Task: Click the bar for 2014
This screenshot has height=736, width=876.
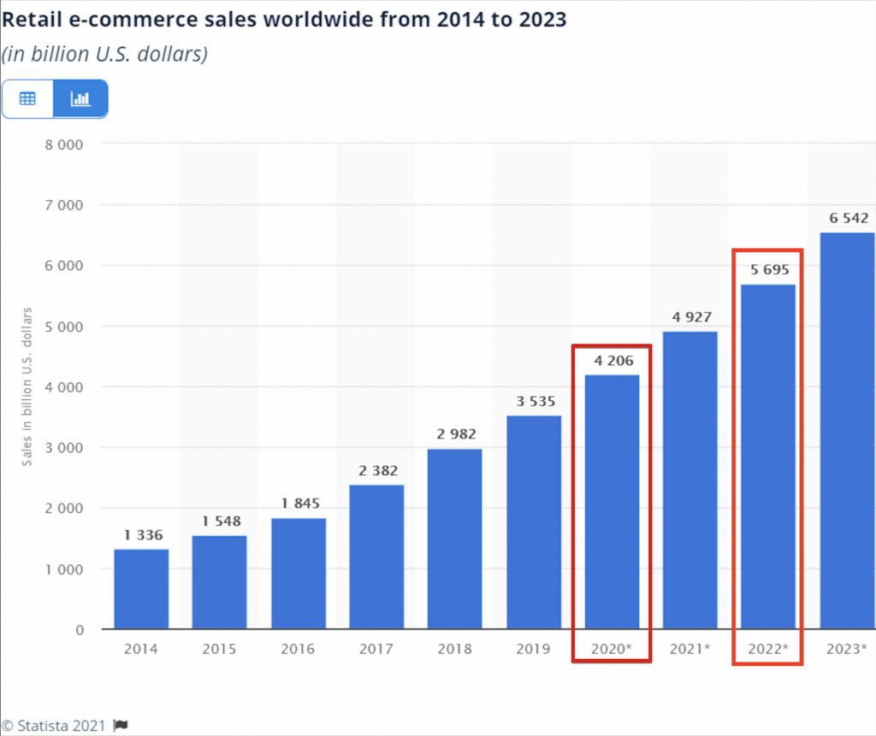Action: pyautogui.click(x=141, y=590)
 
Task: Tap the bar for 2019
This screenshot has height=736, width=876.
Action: pyautogui.click(x=534, y=522)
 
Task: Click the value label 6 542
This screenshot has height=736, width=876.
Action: pyautogui.click(x=849, y=218)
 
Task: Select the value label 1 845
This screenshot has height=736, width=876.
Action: pyautogui.click(x=299, y=503)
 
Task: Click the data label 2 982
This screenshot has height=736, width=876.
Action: pyautogui.click(x=456, y=434)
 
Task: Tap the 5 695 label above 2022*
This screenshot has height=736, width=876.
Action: pyautogui.click(x=768, y=269)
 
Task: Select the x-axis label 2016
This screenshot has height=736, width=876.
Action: pyautogui.click(x=298, y=649)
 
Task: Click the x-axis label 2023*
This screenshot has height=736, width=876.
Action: pyautogui.click(x=847, y=649)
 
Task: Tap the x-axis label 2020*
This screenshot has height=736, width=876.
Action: pyautogui.click(x=612, y=649)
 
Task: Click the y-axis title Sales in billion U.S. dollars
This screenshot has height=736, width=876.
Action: pyautogui.click(x=27, y=386)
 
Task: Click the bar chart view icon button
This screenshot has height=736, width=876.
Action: pyautogui.click(x=80, y=98)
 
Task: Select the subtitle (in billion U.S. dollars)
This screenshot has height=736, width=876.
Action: pyautogui.click(x=104, y=54)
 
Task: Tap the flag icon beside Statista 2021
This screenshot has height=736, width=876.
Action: pyautogui.click(x=121, y=726)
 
